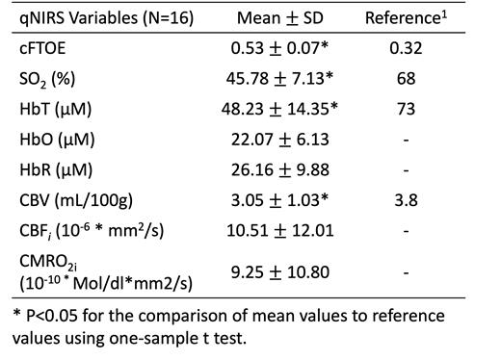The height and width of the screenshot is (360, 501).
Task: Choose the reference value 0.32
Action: [x=406, y=47]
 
